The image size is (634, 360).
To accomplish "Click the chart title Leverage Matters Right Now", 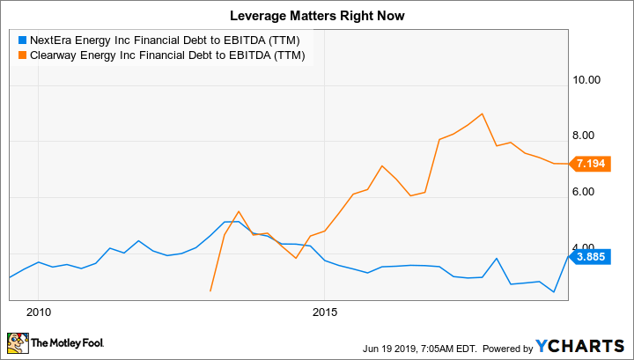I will pos(317,15).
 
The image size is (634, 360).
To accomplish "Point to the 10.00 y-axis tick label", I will pos(586,79).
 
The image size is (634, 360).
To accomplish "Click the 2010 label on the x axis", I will pos(38,312).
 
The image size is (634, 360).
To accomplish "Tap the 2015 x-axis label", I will pos(325,312).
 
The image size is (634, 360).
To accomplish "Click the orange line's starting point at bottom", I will pos(210,290).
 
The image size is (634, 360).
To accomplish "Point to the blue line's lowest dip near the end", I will pos(554,291).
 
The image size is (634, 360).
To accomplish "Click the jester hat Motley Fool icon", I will pos(17,342).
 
